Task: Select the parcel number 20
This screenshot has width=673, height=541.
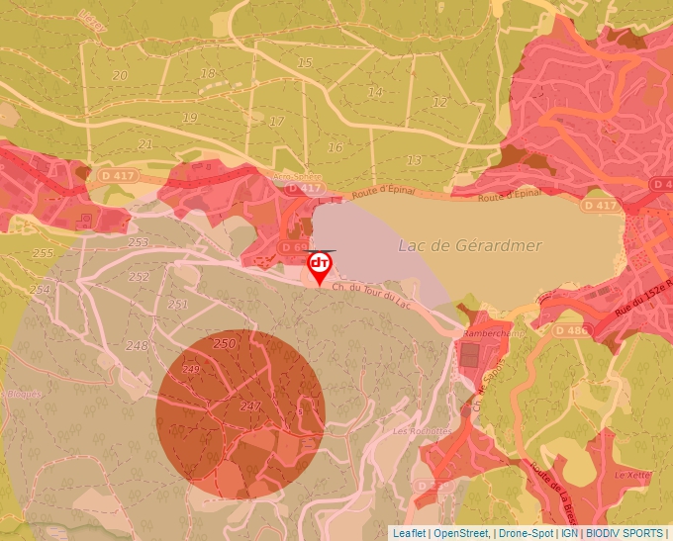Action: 120,75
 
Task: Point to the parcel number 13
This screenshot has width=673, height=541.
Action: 414,160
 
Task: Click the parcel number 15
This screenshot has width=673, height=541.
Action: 305,63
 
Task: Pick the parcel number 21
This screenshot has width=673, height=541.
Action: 146,144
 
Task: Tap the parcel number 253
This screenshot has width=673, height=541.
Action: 138,242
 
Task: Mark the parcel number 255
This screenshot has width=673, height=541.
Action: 43,254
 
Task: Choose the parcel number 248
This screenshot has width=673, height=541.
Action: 137,345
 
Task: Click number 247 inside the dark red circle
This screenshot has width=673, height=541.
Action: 250,406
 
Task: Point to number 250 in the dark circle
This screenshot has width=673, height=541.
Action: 225,343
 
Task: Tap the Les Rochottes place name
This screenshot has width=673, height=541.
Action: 422,431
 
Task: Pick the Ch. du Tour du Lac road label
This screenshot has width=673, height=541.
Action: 371,293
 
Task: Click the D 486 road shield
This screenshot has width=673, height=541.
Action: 571,329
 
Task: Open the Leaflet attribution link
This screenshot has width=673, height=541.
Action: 409,533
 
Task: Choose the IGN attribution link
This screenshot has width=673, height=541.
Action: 568,533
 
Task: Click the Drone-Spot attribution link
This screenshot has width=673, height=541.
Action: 527,533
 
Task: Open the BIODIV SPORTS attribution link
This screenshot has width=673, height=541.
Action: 625,533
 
